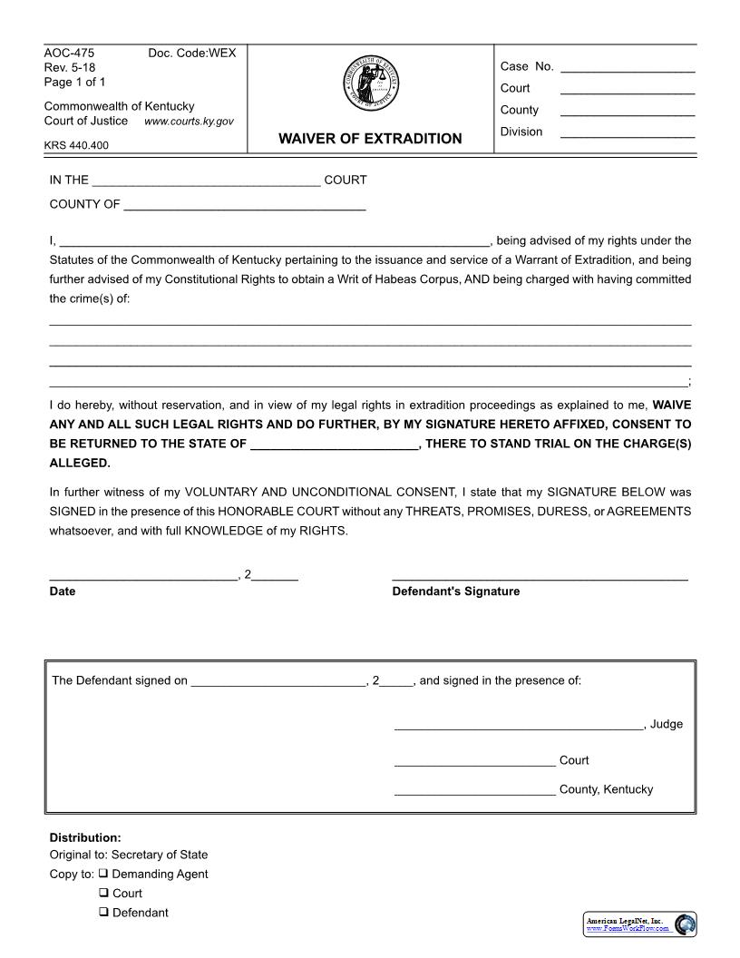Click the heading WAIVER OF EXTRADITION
click(369, 139)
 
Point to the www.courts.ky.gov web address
click(189, 122)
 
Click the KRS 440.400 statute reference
click(76, 145)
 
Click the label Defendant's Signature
click(455, 591)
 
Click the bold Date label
click(63, 591)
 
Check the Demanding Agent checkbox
click(103, 874)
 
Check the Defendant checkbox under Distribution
click(103, 913)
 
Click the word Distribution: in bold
click(84, 837)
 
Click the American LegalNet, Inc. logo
click(639, 924)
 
